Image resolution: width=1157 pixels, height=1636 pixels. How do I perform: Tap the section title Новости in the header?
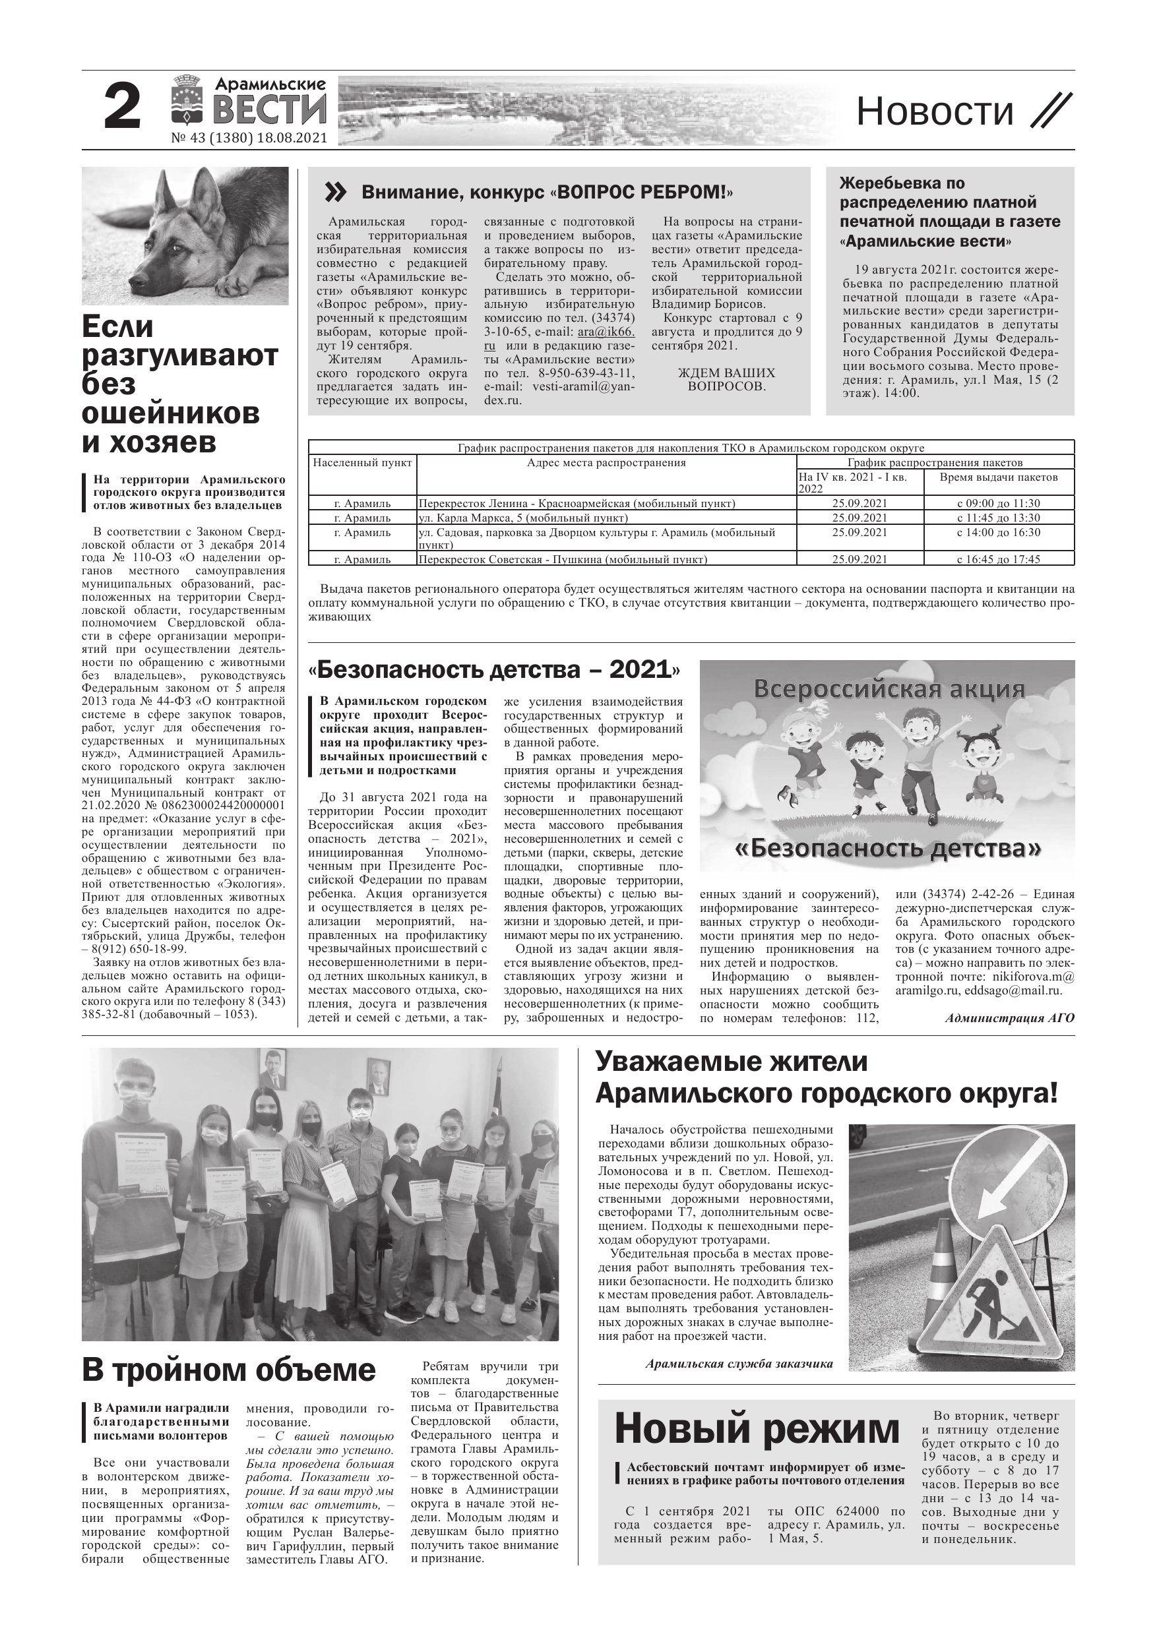tap(934, 112)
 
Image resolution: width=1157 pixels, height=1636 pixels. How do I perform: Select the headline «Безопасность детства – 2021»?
tap(494, 670)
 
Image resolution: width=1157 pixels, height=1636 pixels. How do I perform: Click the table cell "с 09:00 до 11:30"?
tap(998, 503)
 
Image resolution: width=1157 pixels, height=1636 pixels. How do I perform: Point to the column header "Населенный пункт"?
tap(362, 463)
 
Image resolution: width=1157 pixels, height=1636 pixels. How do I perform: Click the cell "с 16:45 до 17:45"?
tap(998, 559)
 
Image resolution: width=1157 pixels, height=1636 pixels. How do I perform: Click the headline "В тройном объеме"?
tap(228, 1370)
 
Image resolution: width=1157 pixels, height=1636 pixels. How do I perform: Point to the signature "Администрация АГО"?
tap(1009, 1018)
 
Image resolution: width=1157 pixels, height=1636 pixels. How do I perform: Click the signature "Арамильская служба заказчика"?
tap(739, 1364)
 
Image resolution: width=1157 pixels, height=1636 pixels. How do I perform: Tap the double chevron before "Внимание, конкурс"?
tap(335, 193)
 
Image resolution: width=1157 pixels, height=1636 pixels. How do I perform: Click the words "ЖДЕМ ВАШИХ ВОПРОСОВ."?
tap(726, 380)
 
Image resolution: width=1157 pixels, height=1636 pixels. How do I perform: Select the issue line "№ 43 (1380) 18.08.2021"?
tap(249, 138)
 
